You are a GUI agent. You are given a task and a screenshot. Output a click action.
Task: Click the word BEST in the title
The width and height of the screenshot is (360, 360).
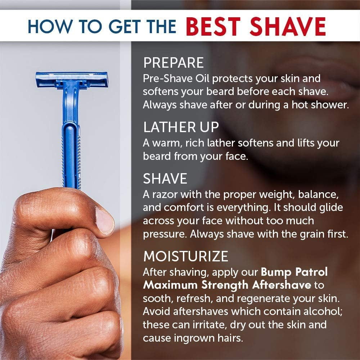(x=213, y=27)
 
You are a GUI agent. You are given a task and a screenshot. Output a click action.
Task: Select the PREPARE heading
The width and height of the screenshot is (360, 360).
(x=174, y=62)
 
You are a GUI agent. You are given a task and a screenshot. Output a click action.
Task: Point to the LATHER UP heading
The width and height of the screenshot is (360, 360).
(x=181, y=127)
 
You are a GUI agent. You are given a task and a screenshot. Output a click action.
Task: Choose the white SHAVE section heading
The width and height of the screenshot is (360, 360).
(x=165, y=179)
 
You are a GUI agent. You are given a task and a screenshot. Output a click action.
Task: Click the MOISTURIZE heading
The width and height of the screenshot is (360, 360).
(x=186, y=256)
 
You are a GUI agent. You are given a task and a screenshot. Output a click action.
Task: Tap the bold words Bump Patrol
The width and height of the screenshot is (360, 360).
(x=294, y=272)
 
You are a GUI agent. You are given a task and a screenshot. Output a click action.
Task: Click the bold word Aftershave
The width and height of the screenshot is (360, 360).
(x=282, y=285)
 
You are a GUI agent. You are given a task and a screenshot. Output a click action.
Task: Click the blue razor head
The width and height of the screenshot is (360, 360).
(x=72, y=80)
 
